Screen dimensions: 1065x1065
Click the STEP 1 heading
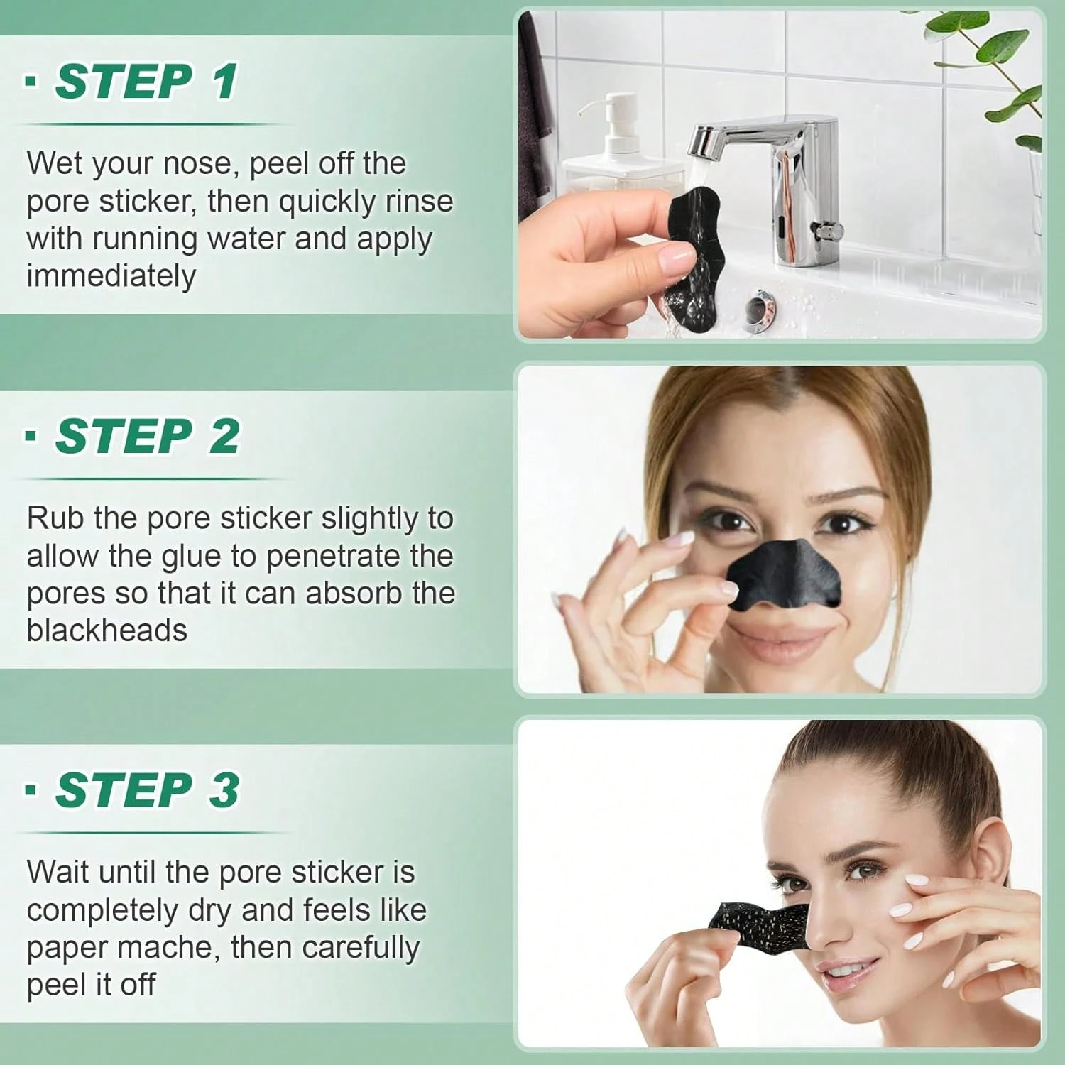(x=146, y=82)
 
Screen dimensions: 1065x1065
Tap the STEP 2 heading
(x=148, y=436)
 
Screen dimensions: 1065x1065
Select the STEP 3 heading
(x=148, y=790)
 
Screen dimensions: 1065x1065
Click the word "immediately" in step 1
(x=111, y=276)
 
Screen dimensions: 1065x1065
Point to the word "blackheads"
(x=107, y=630)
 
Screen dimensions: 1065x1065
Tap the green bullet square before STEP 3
(x=31, y=789)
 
